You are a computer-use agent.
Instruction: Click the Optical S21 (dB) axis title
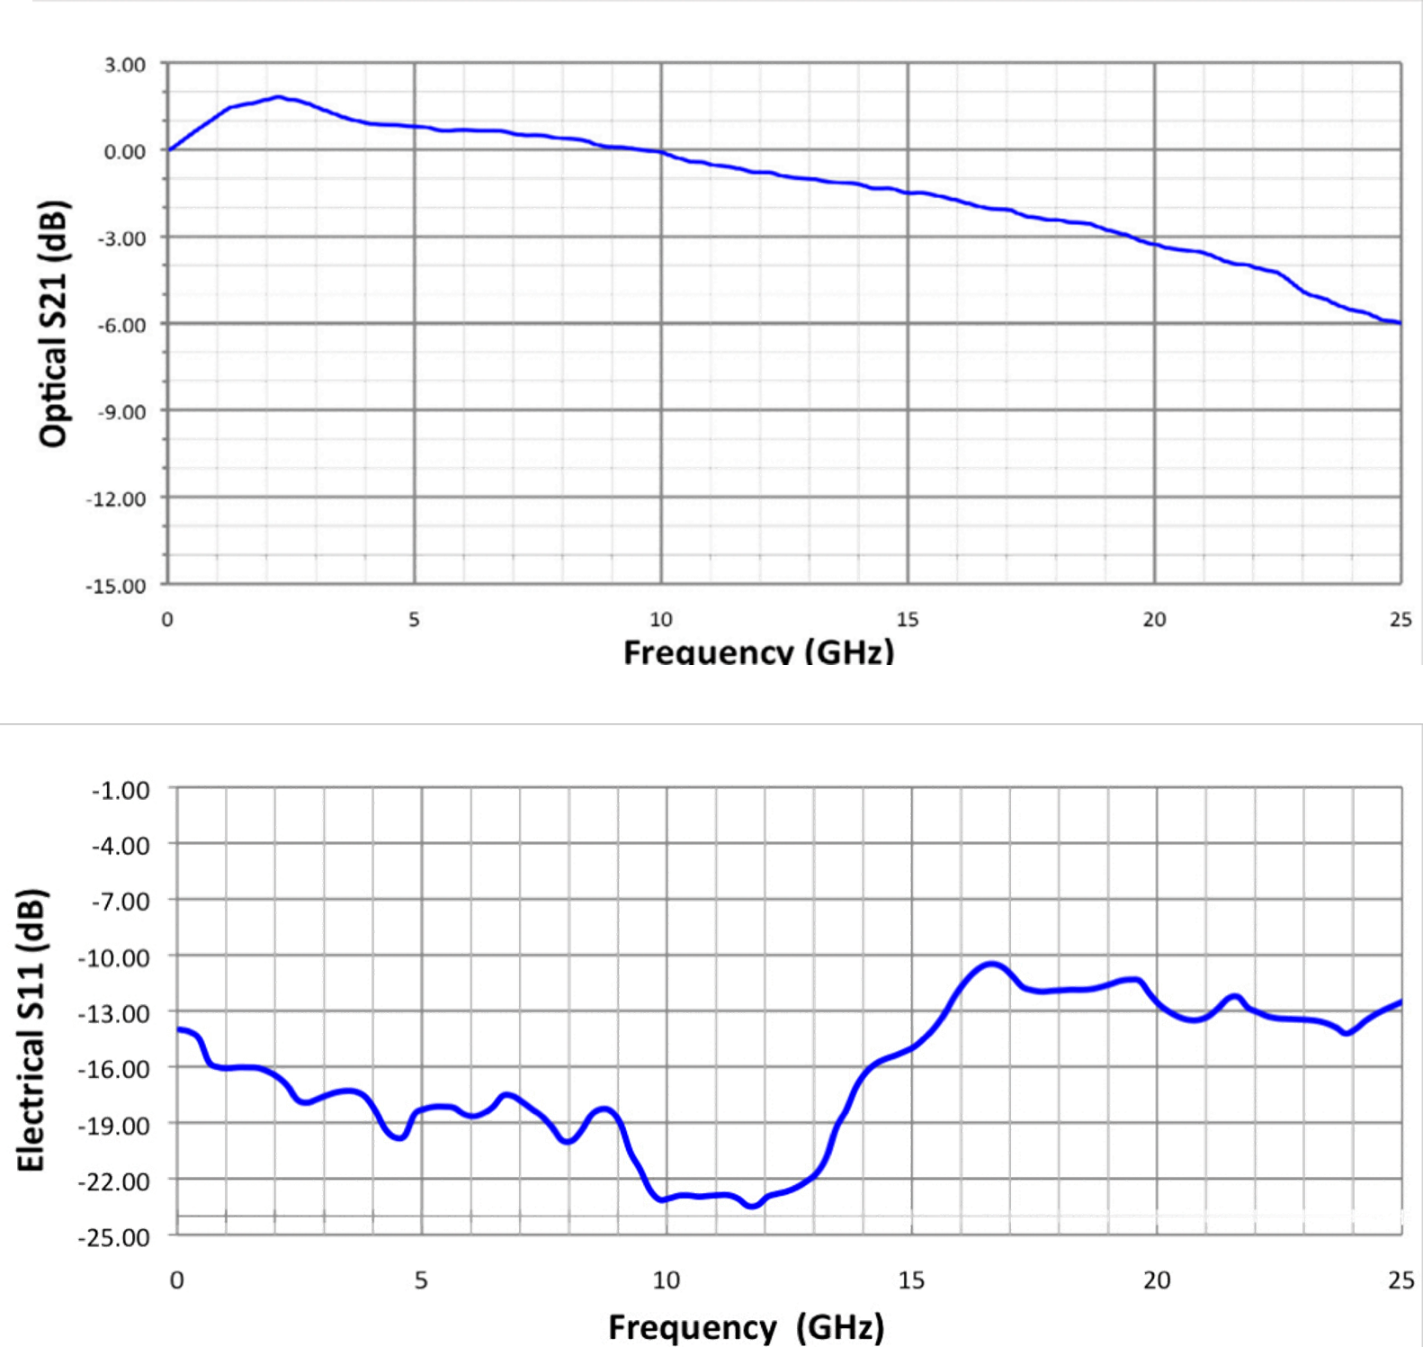tap(54, 321)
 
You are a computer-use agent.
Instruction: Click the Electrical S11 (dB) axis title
tap(30, 1029)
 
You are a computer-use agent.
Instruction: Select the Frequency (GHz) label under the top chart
tap(758, 650)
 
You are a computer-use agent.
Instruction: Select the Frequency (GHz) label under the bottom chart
tap(743, 1327)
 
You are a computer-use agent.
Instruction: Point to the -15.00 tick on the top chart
tap(118, 587)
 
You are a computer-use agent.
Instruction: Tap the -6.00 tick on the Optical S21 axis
tap(123, 325)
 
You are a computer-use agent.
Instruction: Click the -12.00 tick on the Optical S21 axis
tap(118, 499)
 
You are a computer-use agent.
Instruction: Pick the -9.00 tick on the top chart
tap(123, 412)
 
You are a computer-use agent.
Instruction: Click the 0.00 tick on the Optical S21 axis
tap(125, 151)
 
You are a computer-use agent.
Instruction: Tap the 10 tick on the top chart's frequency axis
tap(661, 619)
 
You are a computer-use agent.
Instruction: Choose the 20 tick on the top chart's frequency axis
tap(1154, 619)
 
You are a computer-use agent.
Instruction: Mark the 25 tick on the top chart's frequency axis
tap(1401, 619)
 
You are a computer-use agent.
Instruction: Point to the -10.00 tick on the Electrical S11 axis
tap(118, 957)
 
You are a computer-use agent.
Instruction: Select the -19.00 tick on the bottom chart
tap(118, 1126)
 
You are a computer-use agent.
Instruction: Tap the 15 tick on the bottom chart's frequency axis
tap(911, 1280)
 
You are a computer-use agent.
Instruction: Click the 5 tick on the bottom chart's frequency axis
tap(420, 1280)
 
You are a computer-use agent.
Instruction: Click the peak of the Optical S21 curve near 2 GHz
tap(279, 96)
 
